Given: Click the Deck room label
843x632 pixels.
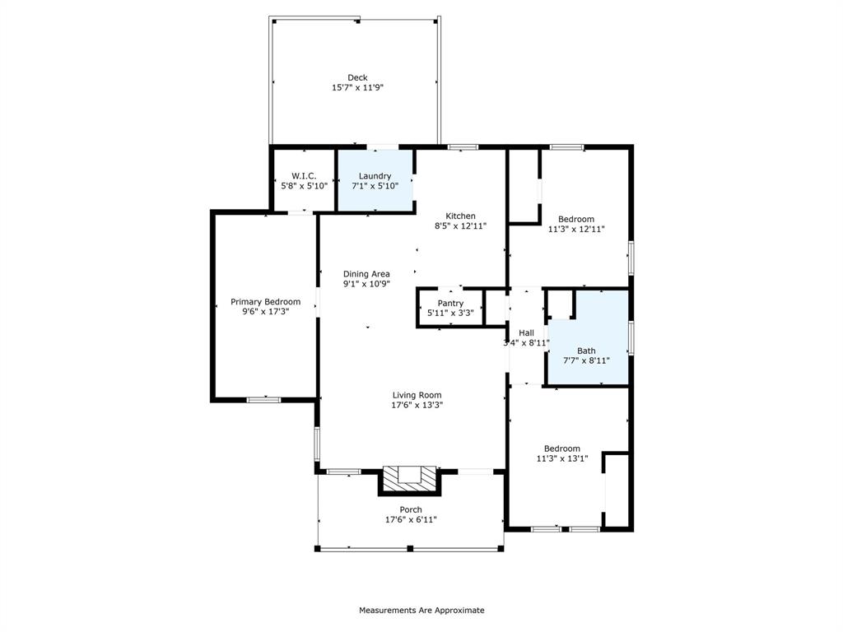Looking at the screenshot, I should click(357, 77).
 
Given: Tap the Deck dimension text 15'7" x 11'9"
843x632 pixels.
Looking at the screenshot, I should click(357, 87).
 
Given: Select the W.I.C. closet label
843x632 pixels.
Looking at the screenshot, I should click(304, 176).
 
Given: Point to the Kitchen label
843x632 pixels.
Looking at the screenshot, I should click(460, 216).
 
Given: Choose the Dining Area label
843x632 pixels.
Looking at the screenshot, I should click(366, 274).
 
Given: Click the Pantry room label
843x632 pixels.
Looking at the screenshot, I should click(450, 304).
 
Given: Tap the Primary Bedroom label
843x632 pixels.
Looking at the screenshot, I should click(265, 302).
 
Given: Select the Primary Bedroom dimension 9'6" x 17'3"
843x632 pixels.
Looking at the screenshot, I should click(265, 312).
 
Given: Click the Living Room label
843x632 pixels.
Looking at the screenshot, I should click(417, 395).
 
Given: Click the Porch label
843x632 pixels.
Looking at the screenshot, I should click(411, 510).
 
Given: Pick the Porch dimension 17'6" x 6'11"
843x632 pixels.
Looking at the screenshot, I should click(411, 520).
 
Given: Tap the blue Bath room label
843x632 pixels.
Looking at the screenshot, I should click(586, 351).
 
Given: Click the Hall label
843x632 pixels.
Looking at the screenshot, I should click(526, 333).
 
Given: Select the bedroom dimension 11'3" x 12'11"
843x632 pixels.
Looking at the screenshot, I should click(575, 229).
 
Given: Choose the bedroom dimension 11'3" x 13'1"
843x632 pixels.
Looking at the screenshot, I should click(562, 458).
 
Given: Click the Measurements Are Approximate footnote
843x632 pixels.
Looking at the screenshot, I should click(421, 611).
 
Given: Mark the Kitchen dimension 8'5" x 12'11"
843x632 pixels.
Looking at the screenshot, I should click(460, 225).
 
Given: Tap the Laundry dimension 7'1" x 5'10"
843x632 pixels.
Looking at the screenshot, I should click(375, 186).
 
